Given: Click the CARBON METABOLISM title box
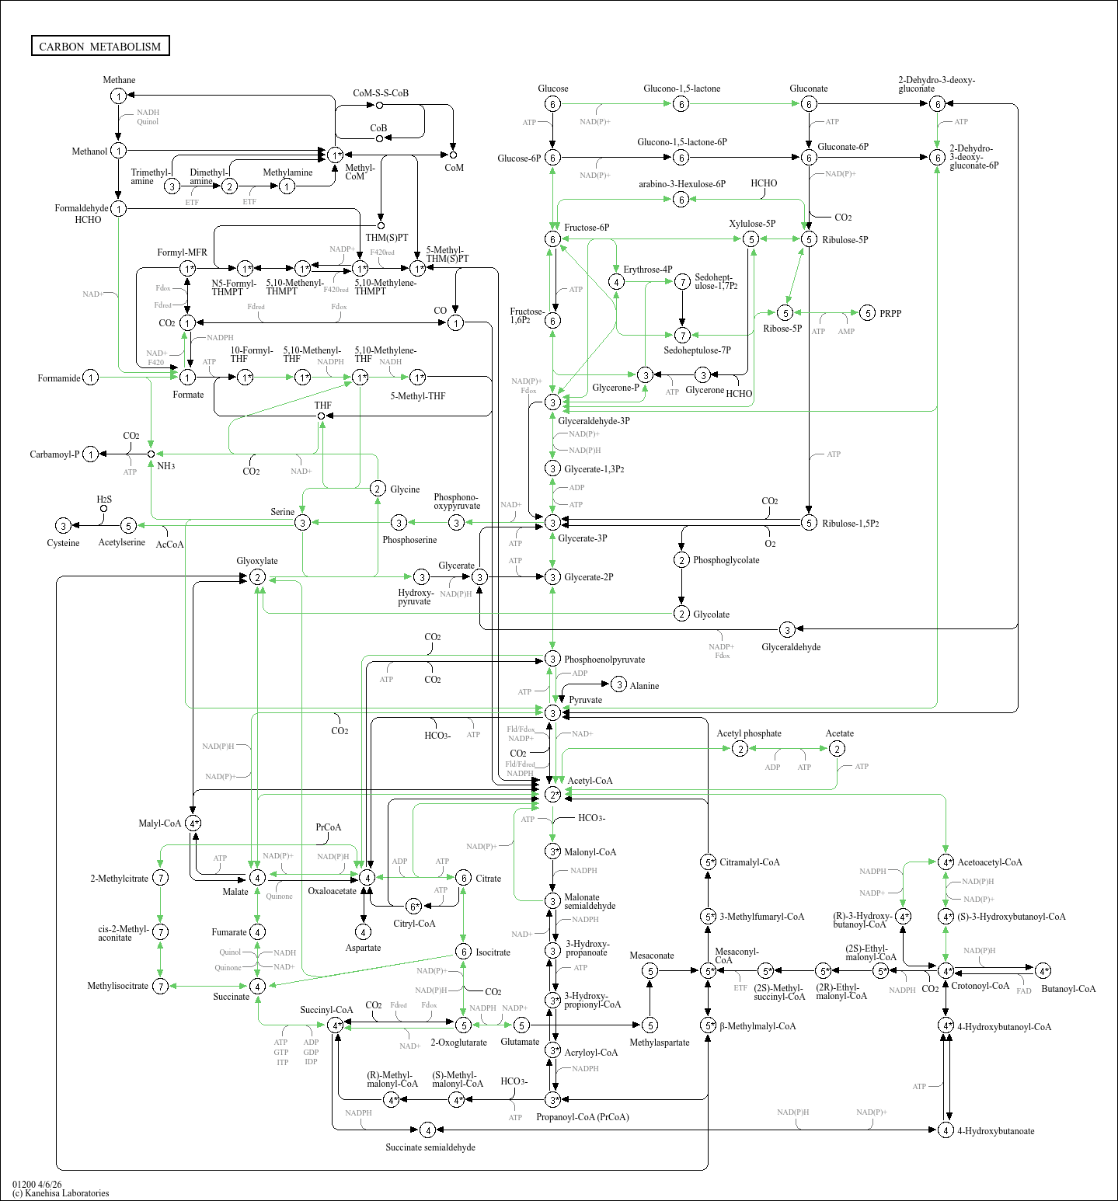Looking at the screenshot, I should click(x=100, y=47).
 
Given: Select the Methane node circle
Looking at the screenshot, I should click(x=118, y=96).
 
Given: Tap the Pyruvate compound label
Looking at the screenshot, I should click(x=585, y=700).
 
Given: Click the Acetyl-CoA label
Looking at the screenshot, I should click(x=590, y=781).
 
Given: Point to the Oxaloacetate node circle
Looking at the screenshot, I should click(x=367, y=878).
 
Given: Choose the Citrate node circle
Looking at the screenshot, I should click(x=463, y=878).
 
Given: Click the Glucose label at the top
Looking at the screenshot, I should click(x=552, y=89).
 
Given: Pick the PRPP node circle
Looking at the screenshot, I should click(x=868, y=313).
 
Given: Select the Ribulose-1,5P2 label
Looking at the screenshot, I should click(x=851, y=524).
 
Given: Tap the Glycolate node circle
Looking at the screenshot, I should click(x=681, y=614).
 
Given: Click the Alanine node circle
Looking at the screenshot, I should click(x=618, y=684).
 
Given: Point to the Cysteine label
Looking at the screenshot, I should click(x=63, y=543).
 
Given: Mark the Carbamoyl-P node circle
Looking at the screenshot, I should click(x=91, y=454).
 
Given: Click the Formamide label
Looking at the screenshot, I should click(x=59, y=378).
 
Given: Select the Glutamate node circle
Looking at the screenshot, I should click(x=521, y=1025).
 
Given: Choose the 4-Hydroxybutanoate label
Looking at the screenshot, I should click(x=995, y=1131).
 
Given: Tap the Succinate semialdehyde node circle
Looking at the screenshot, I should click(x=427, y=1130).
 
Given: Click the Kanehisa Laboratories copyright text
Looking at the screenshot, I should click(x=61, y=1193).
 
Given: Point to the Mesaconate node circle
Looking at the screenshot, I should click(x=650, y=971).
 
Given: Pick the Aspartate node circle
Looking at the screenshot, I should click(x=363, y=931).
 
